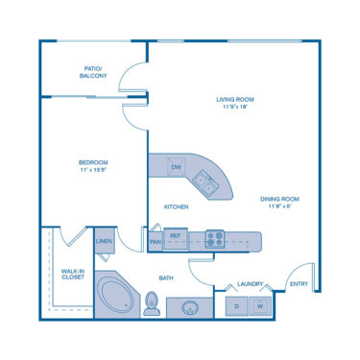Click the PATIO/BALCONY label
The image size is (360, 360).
point(93,72)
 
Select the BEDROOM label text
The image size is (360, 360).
point(93,166)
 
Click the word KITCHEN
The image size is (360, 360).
point(176,206)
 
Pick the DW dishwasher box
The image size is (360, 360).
point(176,168)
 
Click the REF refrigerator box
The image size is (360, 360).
point(175,235)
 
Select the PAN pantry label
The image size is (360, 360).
point(156,242)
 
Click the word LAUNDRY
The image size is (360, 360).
point(251,284)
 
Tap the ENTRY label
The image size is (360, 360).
point(300,284)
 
